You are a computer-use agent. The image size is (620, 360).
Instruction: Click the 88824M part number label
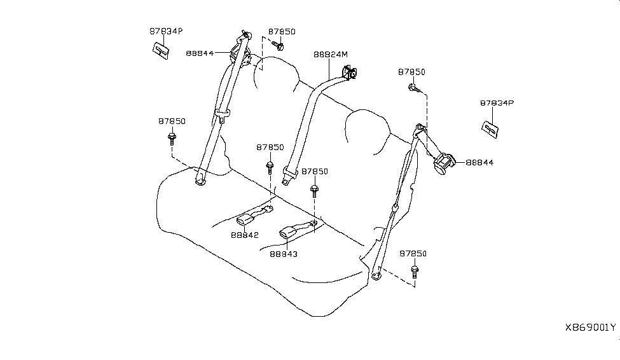[331, 55]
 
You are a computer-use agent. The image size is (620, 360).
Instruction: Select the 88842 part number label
[245, 234]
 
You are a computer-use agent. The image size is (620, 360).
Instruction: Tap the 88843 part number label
[283, 253]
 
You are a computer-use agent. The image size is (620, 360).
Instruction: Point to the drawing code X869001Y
[590, 328]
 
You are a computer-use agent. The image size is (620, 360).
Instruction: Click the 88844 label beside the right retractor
[479, 163]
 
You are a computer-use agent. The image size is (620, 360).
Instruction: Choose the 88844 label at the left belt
[200, 53]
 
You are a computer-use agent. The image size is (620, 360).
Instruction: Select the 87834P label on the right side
[497, 102]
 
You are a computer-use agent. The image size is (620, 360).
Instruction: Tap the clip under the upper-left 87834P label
[161, 50]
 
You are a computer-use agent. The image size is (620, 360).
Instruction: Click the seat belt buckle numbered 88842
[246, 220]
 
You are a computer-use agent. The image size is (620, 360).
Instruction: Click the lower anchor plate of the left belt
[200, 181]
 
